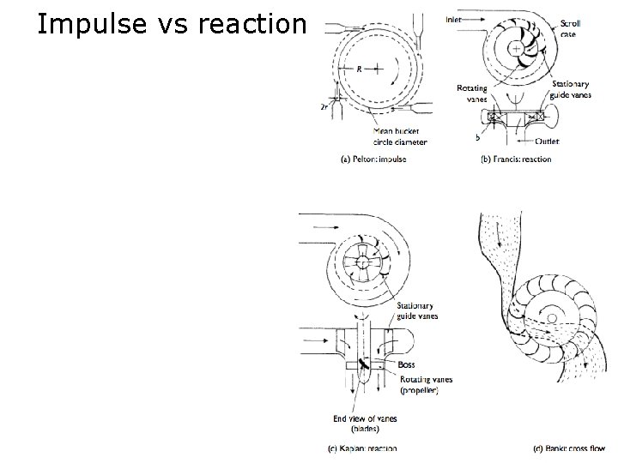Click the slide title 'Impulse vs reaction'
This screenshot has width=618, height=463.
click(171, 25)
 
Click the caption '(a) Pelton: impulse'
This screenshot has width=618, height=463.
click(374, 159)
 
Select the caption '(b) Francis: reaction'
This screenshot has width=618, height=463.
click(516, 159)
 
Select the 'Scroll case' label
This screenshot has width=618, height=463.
click(570, 29)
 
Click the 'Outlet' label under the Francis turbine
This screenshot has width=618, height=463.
click(546, 141)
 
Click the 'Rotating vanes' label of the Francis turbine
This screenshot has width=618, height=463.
click(473, 93)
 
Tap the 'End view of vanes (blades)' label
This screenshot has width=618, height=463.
click(359, 424)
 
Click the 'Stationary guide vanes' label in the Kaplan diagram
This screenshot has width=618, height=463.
click(415, 310)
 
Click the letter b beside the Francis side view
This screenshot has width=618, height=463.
click(477, 137)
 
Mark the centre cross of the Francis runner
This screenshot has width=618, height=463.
click(516, 50)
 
